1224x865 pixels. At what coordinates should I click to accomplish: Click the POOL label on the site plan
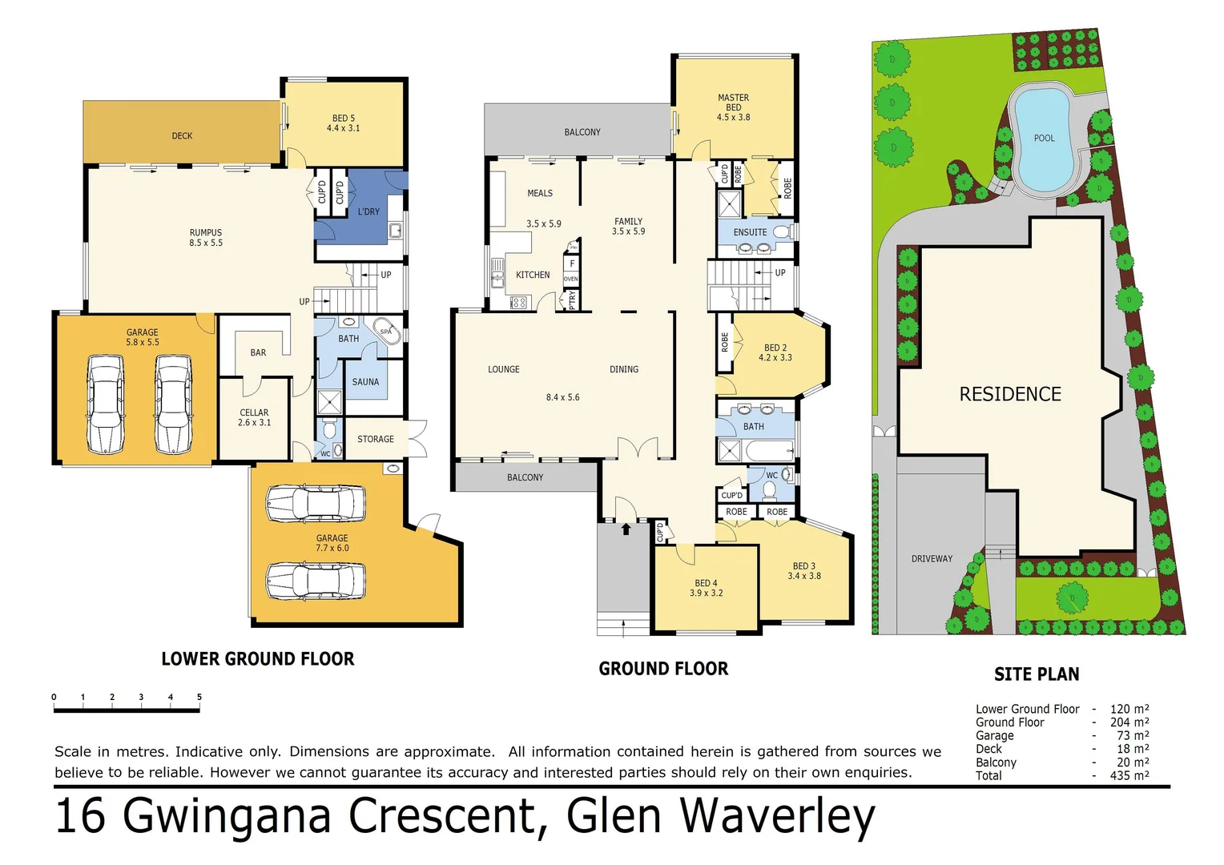(x=1044, y=138)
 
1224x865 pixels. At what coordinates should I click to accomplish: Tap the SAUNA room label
(x=365, y=382)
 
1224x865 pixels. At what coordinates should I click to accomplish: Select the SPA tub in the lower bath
(x=385, y=332)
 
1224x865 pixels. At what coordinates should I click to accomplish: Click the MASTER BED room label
(x=733, y=107)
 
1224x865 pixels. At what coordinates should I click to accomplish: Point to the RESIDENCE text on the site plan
(x=1010, y=394)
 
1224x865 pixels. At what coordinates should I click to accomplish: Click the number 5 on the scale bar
(x=199, y=697)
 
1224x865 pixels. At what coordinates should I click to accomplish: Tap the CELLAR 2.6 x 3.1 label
(x=254, y=417)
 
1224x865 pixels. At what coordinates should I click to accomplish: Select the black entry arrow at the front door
(x=626, y=529)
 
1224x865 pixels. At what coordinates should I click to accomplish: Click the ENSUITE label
(x=750, y=232)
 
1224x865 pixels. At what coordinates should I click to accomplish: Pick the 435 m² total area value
(x=1129, y=775)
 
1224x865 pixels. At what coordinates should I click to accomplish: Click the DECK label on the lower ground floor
(x=182, y=136)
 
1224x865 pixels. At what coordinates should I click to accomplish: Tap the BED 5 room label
(x=343, y=123)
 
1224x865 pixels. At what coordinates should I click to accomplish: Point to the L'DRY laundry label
(x=368, y=211)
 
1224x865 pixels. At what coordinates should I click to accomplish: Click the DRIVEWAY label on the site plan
(x=932, y=558)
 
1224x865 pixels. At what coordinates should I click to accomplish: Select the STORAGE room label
(x=375, y=439)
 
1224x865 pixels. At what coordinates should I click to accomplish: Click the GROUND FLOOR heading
(x=663, y=669)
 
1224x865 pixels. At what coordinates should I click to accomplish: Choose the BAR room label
(x=258, y=352)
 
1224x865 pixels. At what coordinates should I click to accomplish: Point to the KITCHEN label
(x=533, y=275)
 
